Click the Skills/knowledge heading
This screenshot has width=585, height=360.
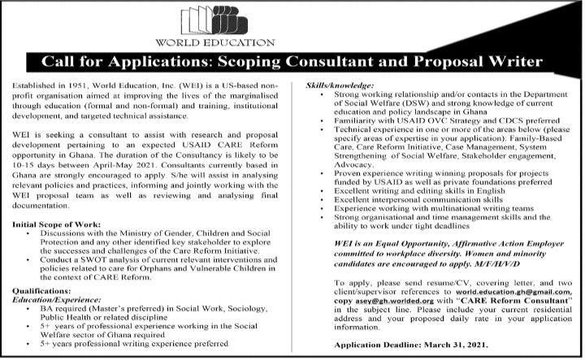339,85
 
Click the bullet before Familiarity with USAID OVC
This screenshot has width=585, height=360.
324,120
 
